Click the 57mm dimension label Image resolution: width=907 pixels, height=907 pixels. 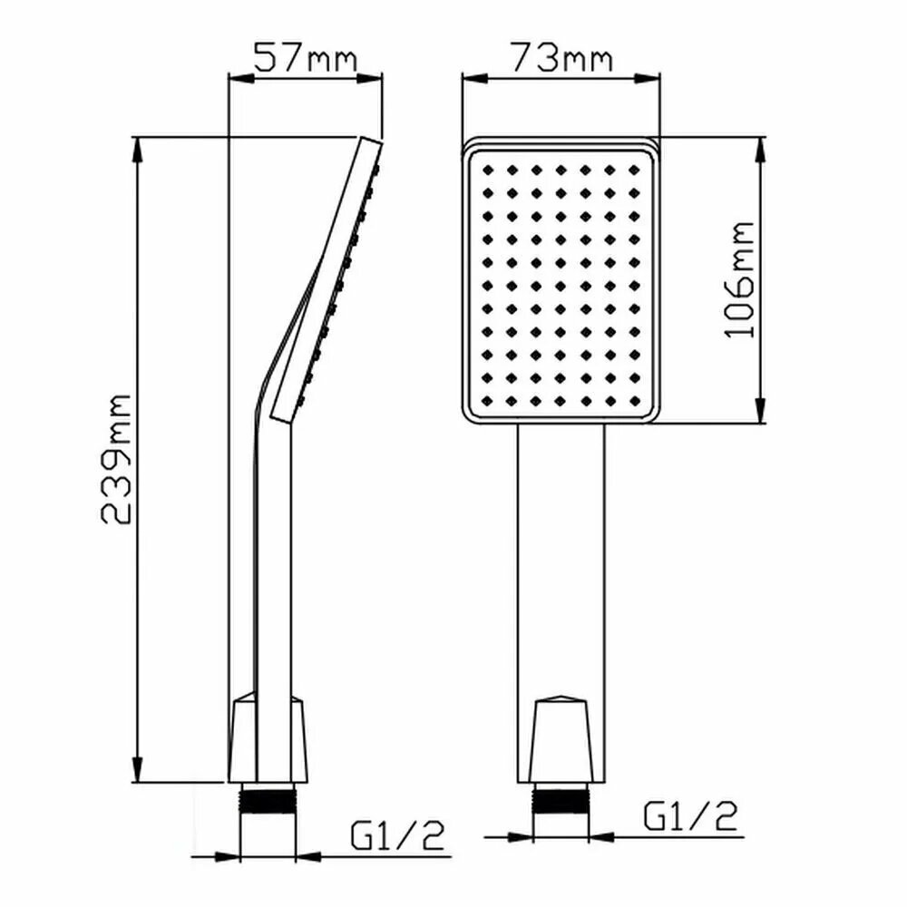(x=306, y=56)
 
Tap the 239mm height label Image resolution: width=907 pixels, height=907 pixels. (x=116, y=459)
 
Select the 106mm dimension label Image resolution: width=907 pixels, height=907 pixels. (x=739, y=280)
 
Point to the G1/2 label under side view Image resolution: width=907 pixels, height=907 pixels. (x=397, y=836)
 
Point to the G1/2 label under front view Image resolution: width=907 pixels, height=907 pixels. (x=690, y=815)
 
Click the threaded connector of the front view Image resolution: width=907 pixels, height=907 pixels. (x=560, y=799)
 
